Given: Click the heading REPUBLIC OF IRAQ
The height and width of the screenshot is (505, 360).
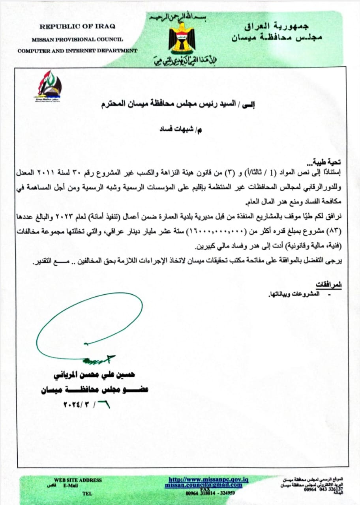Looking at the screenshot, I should (x=77, y=26).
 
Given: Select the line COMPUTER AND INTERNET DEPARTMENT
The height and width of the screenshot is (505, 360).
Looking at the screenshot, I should (x=77, y=50).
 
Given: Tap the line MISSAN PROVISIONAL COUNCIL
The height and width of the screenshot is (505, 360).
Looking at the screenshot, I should (x=77, y=39).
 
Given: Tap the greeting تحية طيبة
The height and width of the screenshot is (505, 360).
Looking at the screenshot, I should (x=327, y=162).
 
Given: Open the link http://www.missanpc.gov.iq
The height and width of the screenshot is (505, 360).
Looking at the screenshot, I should (x=208, y=479).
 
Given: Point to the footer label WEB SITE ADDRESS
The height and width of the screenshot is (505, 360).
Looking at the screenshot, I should (x=78, y=480).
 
